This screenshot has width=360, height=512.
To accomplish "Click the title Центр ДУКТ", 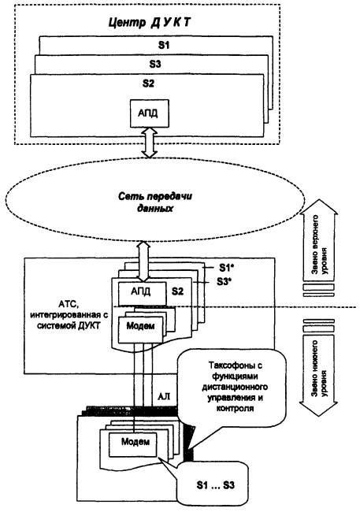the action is point(150,23).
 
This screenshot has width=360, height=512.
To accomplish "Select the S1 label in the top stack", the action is point(164,45).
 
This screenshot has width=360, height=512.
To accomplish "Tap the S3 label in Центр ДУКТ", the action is point(155,64).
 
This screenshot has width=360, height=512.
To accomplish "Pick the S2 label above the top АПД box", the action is point(148,83).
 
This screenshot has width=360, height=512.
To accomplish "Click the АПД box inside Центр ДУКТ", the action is point(150,113).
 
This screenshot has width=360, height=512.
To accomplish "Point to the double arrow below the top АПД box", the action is point(149,143).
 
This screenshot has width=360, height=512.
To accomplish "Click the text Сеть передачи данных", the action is point(155,202).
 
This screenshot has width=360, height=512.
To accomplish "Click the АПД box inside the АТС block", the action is point(142,294).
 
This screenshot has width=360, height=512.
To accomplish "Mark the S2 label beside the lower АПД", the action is point(177,291).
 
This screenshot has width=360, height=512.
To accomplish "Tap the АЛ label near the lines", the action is point(164,396).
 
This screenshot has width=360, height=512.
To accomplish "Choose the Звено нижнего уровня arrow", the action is point(319,377).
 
